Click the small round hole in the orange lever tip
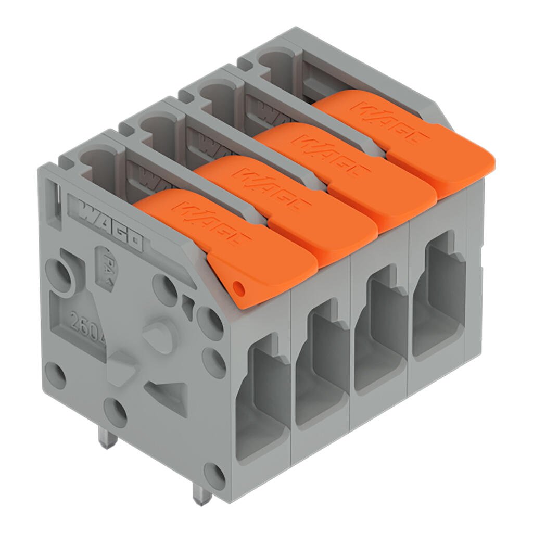tap(238, 287)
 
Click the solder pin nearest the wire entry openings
tap(200, 492)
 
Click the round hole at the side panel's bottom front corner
tap(213, 475)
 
